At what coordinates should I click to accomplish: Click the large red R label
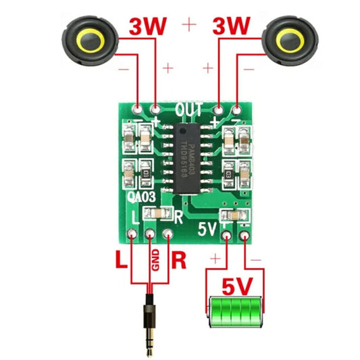click(x=179, y=259)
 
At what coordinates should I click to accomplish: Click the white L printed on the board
click(x=136, y=217)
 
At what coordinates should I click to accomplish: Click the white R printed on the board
click(x=179, y=217)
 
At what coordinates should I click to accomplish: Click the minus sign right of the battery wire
click(x=256, y=259)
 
